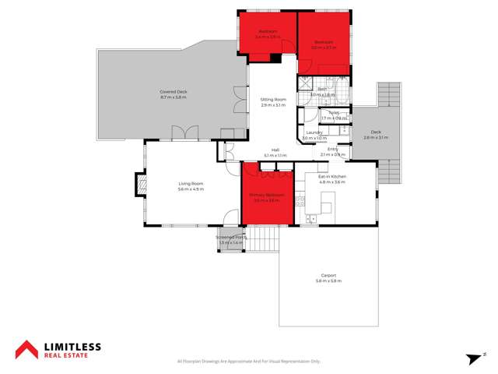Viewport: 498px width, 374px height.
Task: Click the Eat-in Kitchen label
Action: point(332,177)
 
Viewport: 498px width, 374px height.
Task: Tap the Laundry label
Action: point(314,132)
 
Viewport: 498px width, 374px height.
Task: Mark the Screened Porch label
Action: point(231,238)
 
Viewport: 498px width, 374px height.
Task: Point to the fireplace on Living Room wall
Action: point(141,185)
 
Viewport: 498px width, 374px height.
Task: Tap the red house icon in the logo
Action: point(30,350)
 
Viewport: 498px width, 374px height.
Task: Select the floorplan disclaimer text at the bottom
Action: point(248,362)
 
